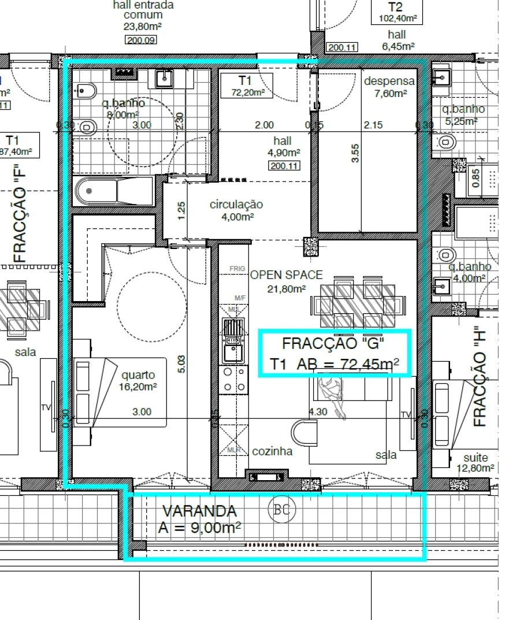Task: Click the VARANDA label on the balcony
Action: pyautogui.click(x=199, y=511)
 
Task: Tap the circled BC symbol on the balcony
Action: pyautogui.click(x=282, y=510)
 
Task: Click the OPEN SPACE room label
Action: pyautogui.click(x=287, y=275)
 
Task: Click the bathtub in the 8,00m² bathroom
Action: pyautogui.click(x=115, y=191)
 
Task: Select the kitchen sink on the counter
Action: pyautogui.click(x=234, y=341)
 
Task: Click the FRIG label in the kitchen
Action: pyautogui.click(x=237, y=269)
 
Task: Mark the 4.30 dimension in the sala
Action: pyautogui.click(x=319, y=412)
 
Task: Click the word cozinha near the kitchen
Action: pyautogui.click(x=272, y=451)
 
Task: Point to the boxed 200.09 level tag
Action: pyautogui.click(x=141, y=40)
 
